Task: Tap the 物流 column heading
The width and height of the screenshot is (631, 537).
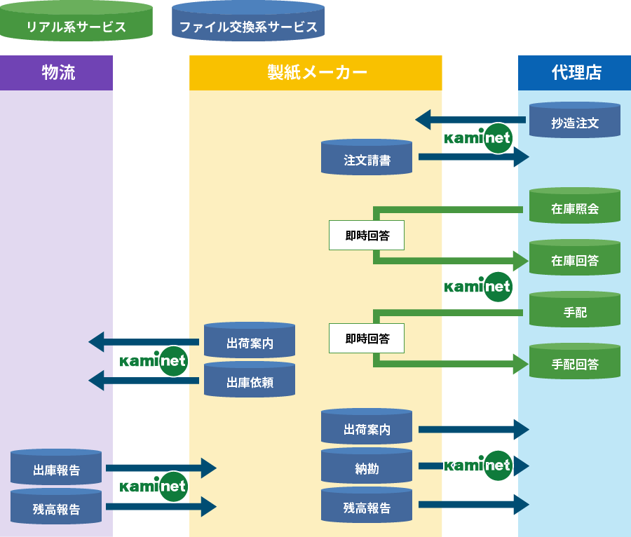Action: pyautogui.click(x=58, y=72)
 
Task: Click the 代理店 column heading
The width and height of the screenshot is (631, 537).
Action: pyautogui.click(x=576, y=72)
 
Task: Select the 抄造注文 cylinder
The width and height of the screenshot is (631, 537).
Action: pyautogui.click(x=575, y=121)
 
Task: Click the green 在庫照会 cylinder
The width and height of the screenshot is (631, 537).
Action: pyautogui.click(x=575, y=207)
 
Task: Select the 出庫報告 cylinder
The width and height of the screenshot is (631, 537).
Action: pyautogui.click(x=56, y=468)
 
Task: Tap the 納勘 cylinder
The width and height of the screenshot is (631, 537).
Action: pyautogui.click(x=367, y=467)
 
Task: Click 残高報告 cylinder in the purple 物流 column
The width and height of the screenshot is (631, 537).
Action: pyautogui.click(x=56, y=508)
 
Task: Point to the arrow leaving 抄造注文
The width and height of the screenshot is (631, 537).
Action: pyautogui.click(x=470, y=120)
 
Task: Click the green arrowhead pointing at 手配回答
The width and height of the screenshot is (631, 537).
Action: pyautogui.click(x=520, y=363)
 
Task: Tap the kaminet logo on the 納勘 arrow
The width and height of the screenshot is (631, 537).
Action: pyautogui.click(x=479, y=465)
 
